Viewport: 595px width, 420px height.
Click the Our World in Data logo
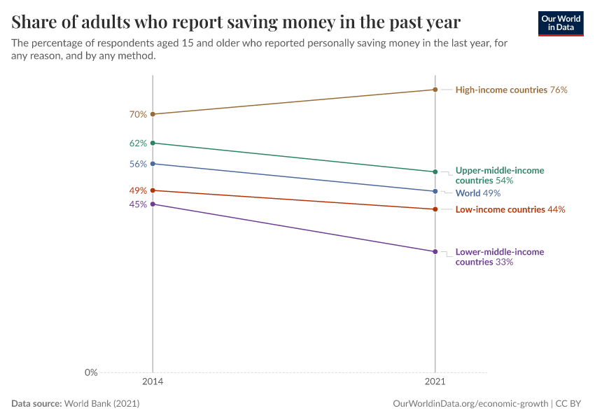561,24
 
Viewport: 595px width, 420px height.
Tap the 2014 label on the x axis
153,381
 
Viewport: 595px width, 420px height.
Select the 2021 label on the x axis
435,381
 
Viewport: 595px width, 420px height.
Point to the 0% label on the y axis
91,372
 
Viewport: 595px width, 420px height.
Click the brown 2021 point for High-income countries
435,90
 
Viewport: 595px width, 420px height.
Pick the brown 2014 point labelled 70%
153,114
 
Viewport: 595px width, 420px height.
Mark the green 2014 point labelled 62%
153,143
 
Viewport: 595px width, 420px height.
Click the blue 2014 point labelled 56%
153,164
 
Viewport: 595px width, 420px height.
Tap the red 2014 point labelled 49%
153,190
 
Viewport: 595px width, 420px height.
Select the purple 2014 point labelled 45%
153,204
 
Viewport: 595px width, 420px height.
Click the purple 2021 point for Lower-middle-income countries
435,251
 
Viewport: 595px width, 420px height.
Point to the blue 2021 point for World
435,191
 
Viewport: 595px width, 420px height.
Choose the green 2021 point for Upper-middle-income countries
435,172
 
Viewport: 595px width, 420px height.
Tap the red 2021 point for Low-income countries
435,209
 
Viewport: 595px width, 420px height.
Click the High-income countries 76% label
511,90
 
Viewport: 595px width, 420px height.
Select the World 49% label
478,193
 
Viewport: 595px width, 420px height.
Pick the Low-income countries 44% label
510,209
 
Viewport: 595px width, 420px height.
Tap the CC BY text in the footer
568,404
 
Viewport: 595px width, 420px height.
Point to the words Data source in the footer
36,404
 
